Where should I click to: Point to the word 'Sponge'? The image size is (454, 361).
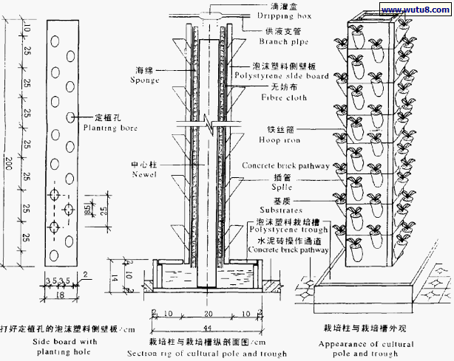(x=145, y=79)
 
